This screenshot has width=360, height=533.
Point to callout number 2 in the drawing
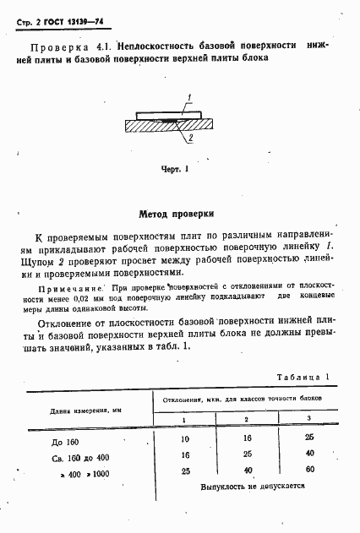pos(192,138)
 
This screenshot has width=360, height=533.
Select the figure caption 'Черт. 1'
pos(173,169)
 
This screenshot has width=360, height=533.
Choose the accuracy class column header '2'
pos(245,419)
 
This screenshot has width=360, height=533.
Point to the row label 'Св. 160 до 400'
pos(69,456)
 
